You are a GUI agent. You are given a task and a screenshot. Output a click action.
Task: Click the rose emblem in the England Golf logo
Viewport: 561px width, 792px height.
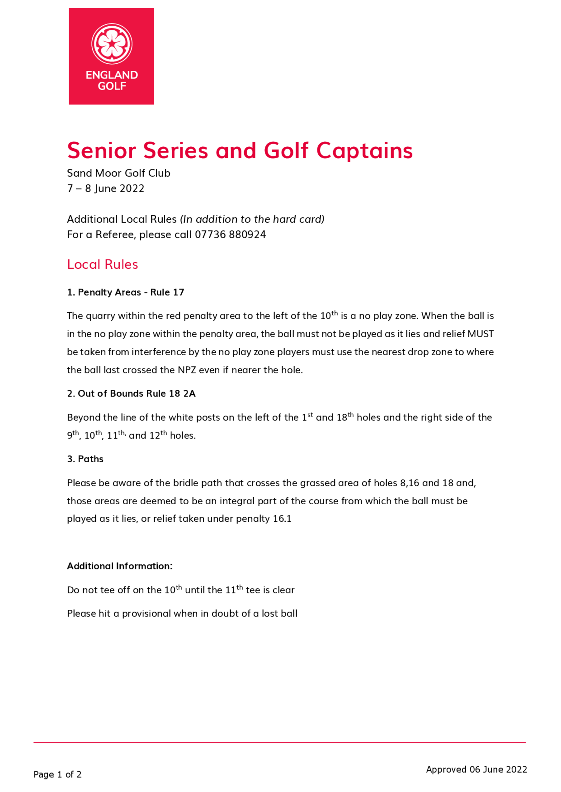click(x=112, y=44)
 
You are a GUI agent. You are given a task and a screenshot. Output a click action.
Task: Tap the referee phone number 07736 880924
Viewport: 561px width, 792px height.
click(x=230, y=235)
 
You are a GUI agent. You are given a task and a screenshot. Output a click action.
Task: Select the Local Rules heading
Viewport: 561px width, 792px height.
click(x=102, y=264)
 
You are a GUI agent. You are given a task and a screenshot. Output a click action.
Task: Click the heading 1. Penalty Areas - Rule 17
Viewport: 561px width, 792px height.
click(x=125, y=292)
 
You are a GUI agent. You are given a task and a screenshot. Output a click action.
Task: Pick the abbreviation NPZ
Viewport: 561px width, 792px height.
click(x=187, y=370)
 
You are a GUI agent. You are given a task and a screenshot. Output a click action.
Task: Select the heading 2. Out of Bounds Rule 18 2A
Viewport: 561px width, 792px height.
click(x=131, y=394)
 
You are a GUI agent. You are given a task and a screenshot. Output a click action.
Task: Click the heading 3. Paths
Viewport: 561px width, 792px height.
click(x=85, y=459)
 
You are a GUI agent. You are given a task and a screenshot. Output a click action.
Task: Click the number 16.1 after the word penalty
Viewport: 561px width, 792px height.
click(x=282, y=519)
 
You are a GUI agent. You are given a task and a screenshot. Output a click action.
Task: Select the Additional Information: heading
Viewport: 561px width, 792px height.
click(x=119, y=566)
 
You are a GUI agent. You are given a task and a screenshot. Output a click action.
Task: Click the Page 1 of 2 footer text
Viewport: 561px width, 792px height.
click(x=57, y=775)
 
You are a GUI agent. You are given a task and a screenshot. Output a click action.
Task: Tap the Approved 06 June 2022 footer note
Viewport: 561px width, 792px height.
click(x=476, y=770)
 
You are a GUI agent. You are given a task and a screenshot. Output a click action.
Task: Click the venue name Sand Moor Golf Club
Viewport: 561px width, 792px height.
click(x=118, y=173)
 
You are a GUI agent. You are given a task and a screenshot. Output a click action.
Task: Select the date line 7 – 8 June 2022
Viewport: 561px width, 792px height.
click(x=105, y=188)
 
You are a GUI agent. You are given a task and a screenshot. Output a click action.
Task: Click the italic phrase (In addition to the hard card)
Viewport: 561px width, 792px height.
click(x=252, y=219)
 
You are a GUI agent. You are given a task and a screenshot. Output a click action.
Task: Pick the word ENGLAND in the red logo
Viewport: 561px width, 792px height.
click(x=112, y=75)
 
